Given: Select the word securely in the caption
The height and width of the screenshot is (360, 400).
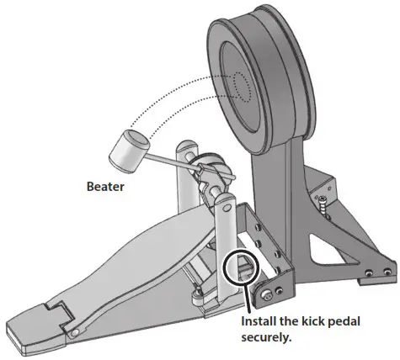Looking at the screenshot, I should pyautogui.click(x=269, y=339).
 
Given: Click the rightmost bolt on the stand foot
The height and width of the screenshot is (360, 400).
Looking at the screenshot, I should pyautogui.click(x=387, y=272).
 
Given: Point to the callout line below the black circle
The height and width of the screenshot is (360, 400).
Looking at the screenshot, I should pyautogui.click(x=244, y=299).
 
